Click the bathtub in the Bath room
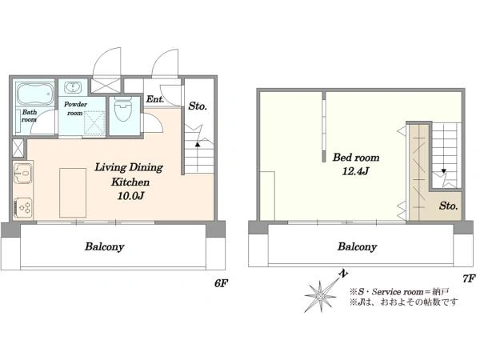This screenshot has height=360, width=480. point(34,94)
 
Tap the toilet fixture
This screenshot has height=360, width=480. point(123,109)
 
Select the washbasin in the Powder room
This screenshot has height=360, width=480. point(73,87)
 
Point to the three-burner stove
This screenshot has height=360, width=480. point(22,208)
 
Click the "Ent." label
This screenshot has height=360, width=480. point(155,99)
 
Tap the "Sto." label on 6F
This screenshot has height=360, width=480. point(198,106)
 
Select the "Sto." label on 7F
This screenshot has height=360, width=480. point(449,206)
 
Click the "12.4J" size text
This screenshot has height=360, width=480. point(355,171)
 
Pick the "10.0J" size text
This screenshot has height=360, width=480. point(130,196)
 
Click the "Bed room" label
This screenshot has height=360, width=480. point(356,158)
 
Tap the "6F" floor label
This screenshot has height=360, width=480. point(222,283)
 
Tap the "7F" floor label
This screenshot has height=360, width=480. point(469,278)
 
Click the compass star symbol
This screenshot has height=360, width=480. point(320,296)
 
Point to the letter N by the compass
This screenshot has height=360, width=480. point(344,274)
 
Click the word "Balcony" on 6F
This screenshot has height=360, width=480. point(105,246)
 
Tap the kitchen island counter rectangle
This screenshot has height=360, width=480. point(73,193)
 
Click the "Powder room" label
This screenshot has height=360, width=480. point(75,108)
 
